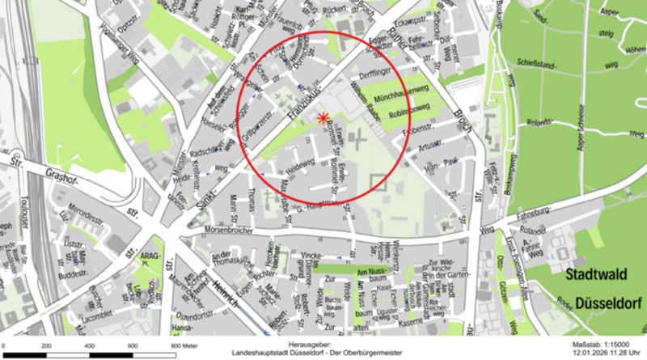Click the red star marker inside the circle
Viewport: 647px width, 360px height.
pyautogui.click(x=324, y=119)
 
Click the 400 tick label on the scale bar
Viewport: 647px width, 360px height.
pyautogui.click(x=89, y=345)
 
